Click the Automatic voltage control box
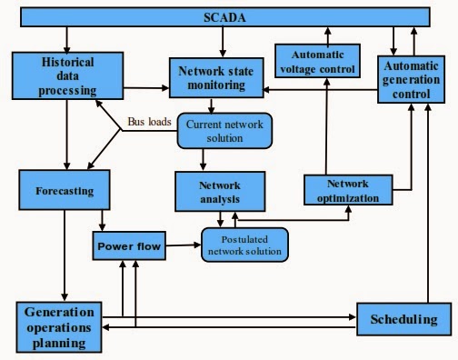click(x=319, y=60)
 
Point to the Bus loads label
click(x=148, y=121)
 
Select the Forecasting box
click(x=63, y=192)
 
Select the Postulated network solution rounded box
click(x=243, y=243)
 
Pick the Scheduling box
click(x=404, y=319)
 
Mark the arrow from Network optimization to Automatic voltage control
click(x=324, y=127)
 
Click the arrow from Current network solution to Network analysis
click(x=203, y=158)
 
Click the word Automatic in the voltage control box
click(x=319, y=53)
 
